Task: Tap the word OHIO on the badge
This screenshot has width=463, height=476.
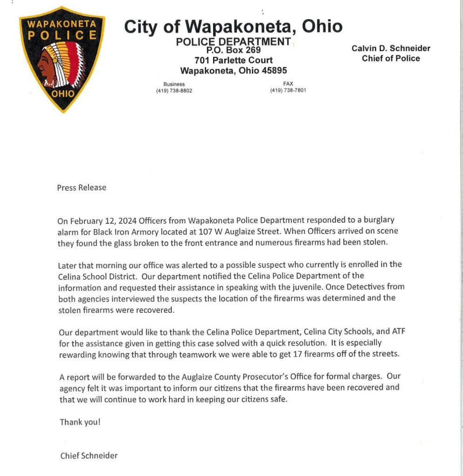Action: point(62,93)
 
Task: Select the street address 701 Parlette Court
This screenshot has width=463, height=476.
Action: point(233,60)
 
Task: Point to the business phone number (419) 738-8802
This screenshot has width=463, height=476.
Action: point(174,91)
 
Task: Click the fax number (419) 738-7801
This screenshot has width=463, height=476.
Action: point(288,91)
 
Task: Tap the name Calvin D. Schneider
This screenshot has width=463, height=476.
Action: point(391,48)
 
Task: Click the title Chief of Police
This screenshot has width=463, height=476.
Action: point(391,59)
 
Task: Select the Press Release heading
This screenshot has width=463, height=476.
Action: point(81,188)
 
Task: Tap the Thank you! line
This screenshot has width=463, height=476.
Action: point(80,422)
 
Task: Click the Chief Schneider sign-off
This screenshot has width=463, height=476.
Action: point(89,456)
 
